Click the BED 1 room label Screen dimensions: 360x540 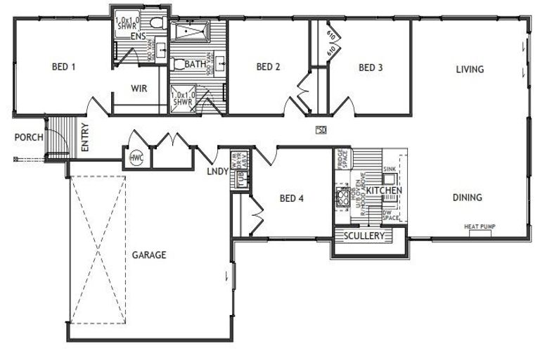click(64, 67)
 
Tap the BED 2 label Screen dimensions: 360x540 click(269, 67)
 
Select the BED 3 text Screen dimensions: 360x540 click(371, 68)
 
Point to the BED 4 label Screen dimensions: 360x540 click(291, 198)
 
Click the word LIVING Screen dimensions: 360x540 click(470, 69)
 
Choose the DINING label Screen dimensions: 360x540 click(467, 198)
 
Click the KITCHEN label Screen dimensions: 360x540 click(384, 191)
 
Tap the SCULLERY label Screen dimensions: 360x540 click(364, 236)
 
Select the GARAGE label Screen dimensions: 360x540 click(149, 255)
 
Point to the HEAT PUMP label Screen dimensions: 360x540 click(481, 226)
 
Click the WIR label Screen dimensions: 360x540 click(138, 89)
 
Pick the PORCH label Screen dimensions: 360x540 click(29, 137)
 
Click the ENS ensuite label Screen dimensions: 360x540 click(138, 35)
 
